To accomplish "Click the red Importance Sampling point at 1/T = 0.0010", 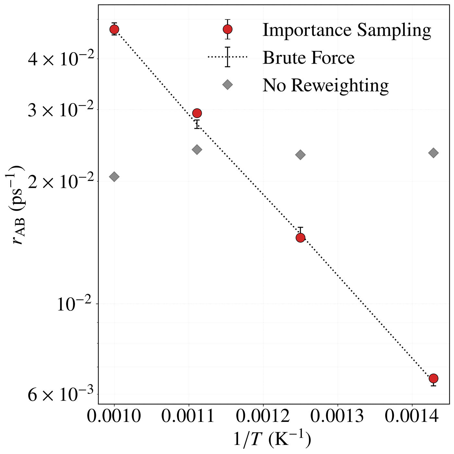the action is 114,30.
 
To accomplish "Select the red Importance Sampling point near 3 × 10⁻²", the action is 197,113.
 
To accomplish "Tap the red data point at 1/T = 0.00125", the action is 300,237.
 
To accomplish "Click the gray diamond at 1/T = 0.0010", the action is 114,177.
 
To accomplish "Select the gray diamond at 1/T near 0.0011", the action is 197,149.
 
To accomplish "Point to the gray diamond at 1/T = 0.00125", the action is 300,155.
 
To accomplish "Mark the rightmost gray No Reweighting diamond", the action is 434,153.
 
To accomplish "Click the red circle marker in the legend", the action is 227,30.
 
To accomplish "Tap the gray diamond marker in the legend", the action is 227,85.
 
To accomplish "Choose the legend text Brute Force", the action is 309,57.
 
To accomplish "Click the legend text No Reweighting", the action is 326,85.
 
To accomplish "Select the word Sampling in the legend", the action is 394,30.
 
